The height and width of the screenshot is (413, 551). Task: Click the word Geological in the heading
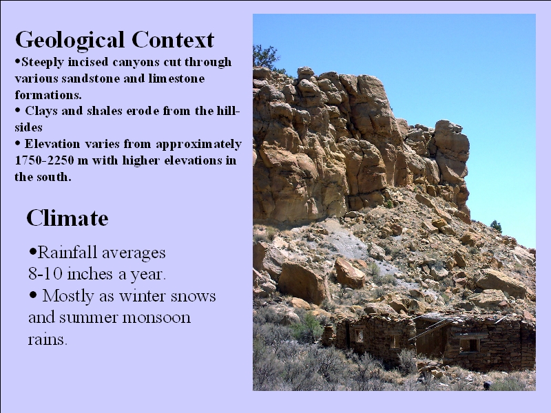[70, 41]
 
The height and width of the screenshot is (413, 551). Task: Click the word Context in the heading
[173, 39]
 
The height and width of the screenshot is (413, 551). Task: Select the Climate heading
[67, 218]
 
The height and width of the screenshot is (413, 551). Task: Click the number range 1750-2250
[44, 160]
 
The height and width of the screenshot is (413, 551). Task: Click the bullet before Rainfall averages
[33, 251]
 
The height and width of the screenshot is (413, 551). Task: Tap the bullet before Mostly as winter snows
[33, 295]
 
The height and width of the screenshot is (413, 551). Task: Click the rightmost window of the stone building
[469, 345]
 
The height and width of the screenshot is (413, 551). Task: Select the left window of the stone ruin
[359, 335]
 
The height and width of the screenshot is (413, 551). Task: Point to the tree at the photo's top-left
[265, 58]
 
